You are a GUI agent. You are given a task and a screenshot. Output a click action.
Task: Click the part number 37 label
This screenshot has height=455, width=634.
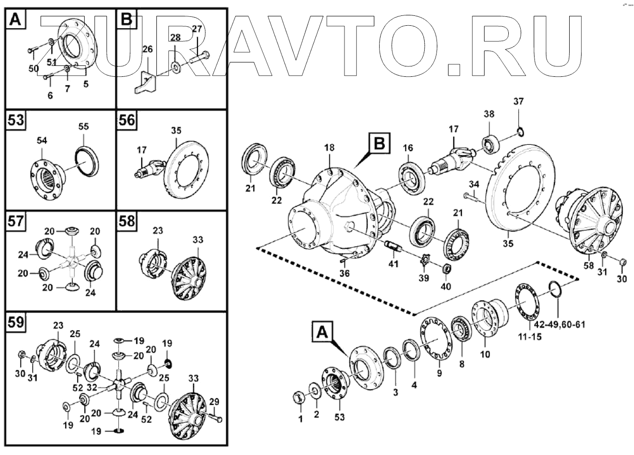point(519,102)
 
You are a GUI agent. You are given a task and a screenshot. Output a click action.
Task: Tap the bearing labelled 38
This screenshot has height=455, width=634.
point(491,145)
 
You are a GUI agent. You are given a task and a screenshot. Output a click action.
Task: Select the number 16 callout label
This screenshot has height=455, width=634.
point(408,148)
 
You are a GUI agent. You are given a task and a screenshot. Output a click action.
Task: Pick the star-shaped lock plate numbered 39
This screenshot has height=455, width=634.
point(424,260)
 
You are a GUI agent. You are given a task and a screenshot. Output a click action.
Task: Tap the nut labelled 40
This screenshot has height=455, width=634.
point(446,268)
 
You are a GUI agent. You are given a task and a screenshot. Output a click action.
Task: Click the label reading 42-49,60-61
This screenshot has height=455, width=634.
point(559,324)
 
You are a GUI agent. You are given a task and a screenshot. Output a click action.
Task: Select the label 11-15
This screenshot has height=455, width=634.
point(530,337)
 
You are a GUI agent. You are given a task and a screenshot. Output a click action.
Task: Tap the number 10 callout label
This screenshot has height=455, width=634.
point(485,354)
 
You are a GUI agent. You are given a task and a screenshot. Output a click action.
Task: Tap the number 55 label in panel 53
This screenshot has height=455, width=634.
point(84,126)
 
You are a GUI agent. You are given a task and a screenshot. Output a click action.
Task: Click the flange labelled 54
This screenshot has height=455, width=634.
point(48,179)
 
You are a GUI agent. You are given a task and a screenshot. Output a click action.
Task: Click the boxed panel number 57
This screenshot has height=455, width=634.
point(16,221)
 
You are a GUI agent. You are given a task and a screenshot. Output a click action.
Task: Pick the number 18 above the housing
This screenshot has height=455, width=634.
point(329,148)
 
